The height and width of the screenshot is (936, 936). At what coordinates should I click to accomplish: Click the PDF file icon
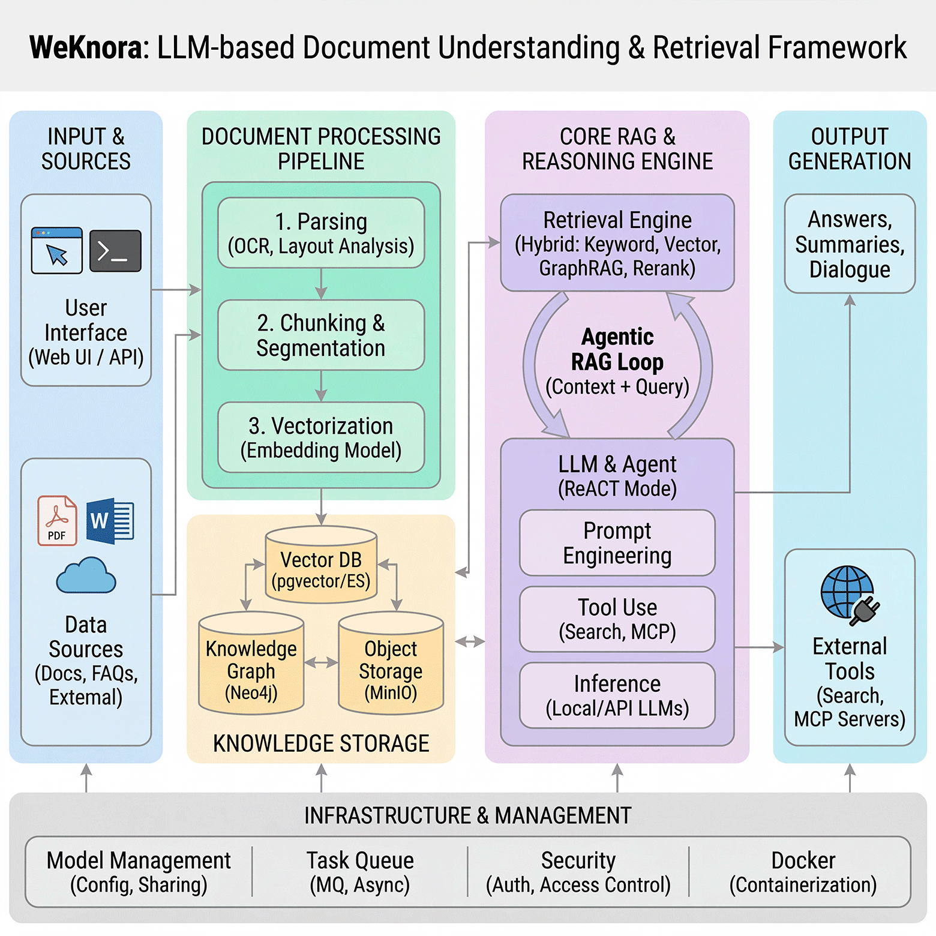pyautogui.click(x=57, y=520)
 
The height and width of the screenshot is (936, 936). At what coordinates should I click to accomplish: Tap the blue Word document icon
pyautogui.click(x=110, y=520)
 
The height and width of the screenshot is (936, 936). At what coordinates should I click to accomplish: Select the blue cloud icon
pyautogui.click(x=86, y=575)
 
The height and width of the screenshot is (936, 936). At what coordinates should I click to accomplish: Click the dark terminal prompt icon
pyautogui.click(x=115, y=251)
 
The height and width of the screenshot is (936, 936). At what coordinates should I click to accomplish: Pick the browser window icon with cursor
pyautogui.click(x=57, y=251)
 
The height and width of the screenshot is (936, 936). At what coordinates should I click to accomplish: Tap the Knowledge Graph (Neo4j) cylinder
pyautogui.click(x=251, y=664)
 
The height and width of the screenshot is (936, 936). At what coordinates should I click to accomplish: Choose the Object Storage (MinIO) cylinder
pyautogui.click(x=391, y=664)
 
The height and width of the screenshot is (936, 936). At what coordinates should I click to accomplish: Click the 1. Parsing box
pyautogui.click(x=321, y=233)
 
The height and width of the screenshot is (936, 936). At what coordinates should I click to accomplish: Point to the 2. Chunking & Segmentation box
pyautogui.click(x=321, y=335)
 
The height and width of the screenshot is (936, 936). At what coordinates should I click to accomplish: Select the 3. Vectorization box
pyautogui.click(x=321, y=437)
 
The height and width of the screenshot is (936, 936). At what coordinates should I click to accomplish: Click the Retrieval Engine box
pyautogui.click(x=617, y=243)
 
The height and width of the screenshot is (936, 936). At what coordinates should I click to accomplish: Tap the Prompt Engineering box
pyautogui.click(x=617, y=543)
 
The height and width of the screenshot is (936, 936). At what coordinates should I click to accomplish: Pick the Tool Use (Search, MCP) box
pyautogui.click(x=617, y=619)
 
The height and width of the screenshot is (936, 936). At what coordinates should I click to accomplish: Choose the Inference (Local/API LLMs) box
pyautogui.click(x=617, y=695)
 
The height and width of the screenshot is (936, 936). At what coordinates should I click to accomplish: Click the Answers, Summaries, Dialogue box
pyautogui.click(x=850, y=244)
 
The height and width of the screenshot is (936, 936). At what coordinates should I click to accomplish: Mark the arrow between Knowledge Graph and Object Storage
pyautogui.click(x=321, y=663)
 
